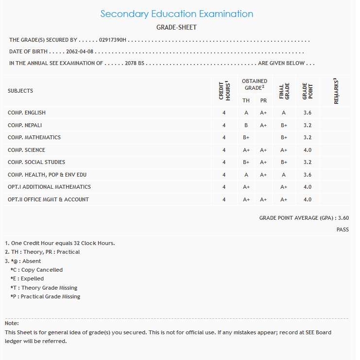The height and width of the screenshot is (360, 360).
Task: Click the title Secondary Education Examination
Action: click(177, 14)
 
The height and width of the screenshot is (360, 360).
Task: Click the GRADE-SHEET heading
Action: click(176, 28)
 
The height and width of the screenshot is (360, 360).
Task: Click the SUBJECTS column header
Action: click(20, 91)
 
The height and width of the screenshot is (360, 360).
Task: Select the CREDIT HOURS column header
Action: click(224, 91)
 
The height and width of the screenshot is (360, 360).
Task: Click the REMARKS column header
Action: click(336, 91)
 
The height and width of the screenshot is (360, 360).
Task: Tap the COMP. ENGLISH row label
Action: click(27, 113)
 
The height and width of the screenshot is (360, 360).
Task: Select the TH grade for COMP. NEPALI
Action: click(246, 125)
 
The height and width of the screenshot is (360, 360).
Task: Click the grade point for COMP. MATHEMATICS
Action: click(307, 137)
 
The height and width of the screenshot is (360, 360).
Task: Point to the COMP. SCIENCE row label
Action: click(26, 150)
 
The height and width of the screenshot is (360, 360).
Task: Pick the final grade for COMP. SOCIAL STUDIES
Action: click(284, 162)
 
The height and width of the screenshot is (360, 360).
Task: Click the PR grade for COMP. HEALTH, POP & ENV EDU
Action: click(263, 175)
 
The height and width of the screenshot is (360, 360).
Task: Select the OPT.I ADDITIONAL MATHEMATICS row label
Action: click(49, 187)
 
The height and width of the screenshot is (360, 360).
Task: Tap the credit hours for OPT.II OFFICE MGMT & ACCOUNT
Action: click(224, 199)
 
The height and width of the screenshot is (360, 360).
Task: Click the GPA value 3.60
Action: click(343, 218)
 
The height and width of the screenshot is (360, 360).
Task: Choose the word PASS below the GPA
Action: click(343, 229)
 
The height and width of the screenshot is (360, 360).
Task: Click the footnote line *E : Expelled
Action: click(27, 278)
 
